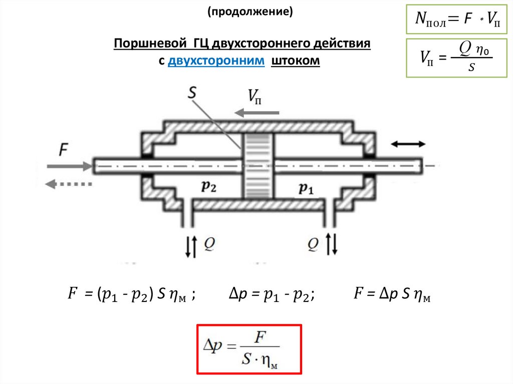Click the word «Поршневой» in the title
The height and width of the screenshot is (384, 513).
148,44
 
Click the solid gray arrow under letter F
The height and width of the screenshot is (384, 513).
69,165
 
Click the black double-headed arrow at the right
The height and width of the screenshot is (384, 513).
408,144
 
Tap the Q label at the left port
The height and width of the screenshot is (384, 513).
210,243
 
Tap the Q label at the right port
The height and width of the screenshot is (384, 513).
313,243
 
